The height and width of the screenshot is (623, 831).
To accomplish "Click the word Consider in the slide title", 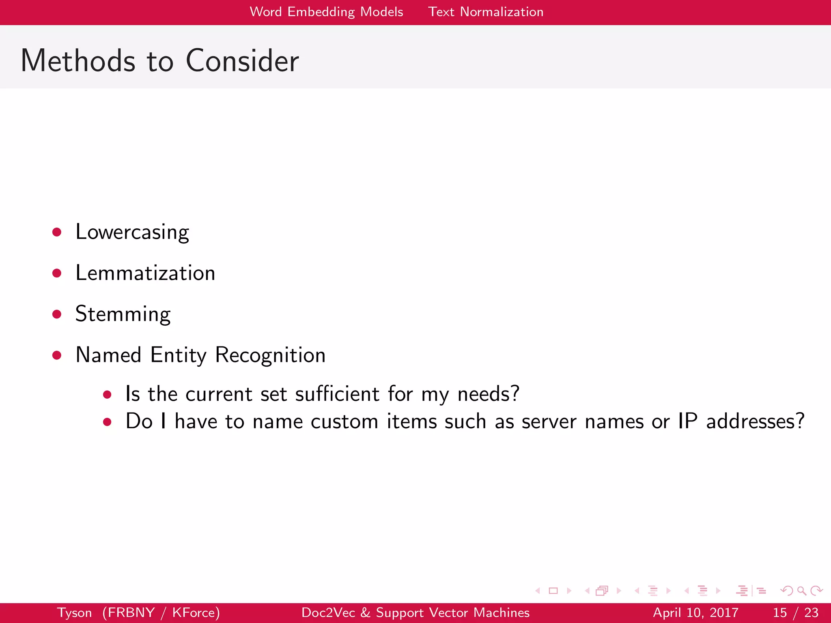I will [242, 61].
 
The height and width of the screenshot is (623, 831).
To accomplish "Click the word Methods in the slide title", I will [78, 61].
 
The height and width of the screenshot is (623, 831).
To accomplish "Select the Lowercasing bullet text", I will [132, 232].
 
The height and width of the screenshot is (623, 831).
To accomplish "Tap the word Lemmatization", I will [145, 273].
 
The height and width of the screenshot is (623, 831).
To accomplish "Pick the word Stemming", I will [123, 314].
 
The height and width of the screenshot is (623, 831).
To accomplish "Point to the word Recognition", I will [270, 355].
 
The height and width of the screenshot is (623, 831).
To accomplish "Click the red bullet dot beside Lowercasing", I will [57, 232].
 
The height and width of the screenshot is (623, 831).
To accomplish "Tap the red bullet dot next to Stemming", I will [57, 314].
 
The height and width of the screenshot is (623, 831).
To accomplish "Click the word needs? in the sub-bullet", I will [488, 394].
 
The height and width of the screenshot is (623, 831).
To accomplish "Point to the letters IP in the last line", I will [688, 421].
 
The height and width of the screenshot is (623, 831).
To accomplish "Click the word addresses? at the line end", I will [755, 421].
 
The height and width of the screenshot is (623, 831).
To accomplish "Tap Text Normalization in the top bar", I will [486, 12].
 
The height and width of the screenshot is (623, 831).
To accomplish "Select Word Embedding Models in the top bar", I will [327, 12].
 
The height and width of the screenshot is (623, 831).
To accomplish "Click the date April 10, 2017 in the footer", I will [695, 612].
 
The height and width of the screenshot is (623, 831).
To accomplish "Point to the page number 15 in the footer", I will [780, 612].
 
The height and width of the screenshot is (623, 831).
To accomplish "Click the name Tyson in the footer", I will [74, 612].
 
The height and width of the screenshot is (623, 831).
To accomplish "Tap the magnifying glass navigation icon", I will [801, 591].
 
